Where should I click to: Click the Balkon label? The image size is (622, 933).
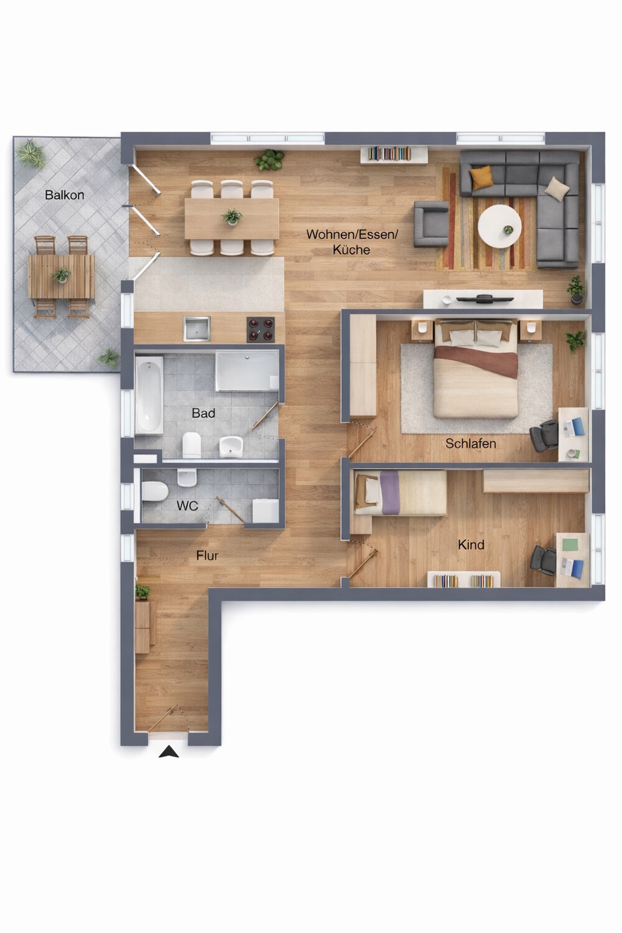(x=65, y=195)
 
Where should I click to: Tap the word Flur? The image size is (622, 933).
(x=207, y=555)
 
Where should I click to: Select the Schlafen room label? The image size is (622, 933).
(x=471, y=443)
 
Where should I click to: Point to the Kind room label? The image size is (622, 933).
(x=471, y=545)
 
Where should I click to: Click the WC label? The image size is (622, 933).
(x=187, y=506)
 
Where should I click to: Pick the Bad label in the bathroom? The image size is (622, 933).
(x=203, y=413)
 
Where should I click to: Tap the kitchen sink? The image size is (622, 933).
(x=197, y=329)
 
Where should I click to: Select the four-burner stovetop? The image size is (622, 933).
(x=261, y=330)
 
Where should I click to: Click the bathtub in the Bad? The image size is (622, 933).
(x=149, y=395)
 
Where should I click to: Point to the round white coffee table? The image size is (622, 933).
(x=499, y=226)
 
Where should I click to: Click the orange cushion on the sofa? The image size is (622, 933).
(x=481, y=177)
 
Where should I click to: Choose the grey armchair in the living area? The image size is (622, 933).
(x=431, y=224)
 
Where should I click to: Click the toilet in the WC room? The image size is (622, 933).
(x=154, y=491)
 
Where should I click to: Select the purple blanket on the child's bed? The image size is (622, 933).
(x=389, y=493)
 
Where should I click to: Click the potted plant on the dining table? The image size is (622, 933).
(x=232, y=217)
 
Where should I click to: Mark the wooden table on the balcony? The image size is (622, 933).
(x=61, y=277)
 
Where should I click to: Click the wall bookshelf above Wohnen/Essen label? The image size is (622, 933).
(x=394, y=154)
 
